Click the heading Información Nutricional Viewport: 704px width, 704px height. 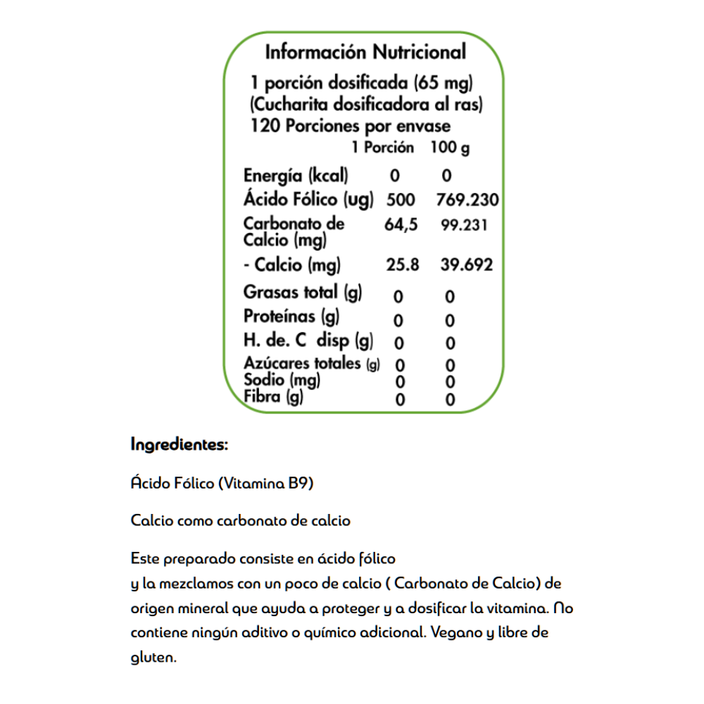(365, 53)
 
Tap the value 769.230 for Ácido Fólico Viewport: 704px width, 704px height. (467, 200)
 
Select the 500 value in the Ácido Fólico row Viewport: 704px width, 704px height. (401, 200)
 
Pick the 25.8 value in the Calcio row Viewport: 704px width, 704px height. (403, 265)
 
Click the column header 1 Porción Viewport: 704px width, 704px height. (383, 149)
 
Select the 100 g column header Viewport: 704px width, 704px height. (450, 149)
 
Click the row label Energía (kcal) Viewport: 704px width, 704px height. (296, 176)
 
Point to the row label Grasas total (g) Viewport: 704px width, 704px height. (303, 291)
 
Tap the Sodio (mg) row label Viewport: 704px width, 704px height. (282, 381)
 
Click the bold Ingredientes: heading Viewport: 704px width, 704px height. (180, 445)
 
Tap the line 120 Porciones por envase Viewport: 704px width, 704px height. (350, 127)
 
